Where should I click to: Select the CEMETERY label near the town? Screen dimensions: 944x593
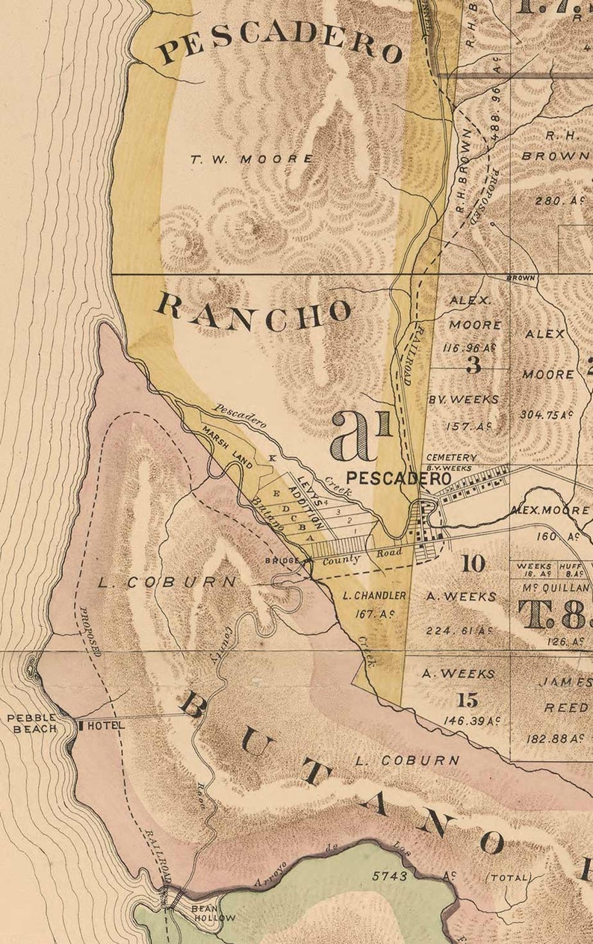450,457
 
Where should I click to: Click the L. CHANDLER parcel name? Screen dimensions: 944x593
374,595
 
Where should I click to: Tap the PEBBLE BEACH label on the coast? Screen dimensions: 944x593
32,723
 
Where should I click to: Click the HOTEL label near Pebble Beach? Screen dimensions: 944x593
105,725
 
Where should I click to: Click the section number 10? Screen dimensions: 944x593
473,563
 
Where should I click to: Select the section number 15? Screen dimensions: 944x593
468,700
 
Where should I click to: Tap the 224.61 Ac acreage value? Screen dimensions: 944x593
459,630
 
